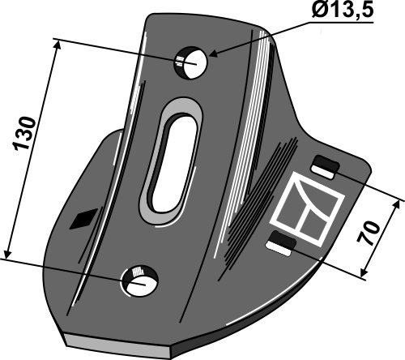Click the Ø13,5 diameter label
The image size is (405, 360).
pyautogui.click(x=343, y=11)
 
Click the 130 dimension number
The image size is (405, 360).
pyautogui.click(x=24, y=134)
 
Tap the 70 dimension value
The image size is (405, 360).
pyautogui.click(x=368, y=233)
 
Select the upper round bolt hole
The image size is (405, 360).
pyautogui.click(x=190, y=63)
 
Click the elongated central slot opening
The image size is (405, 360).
pyautogui.click(x=174, y=164)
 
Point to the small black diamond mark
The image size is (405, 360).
pyautogui.click(x=83, y=219)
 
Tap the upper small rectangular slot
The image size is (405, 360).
pyautogui.click(x=325, y=168)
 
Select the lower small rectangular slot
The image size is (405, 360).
pyautogui.click(x=281, y=244)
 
